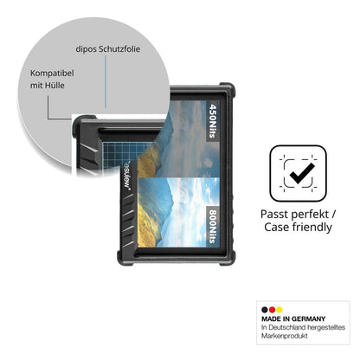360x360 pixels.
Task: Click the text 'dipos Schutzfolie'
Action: tap(108, 49)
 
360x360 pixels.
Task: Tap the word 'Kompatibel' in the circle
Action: tap(52, 74)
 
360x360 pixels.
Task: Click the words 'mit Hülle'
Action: tap(48, 86)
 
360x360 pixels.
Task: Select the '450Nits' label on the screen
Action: tap(213, 121)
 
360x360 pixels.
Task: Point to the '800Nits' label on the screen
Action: tap(213, 226)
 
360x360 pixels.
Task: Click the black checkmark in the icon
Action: tap(302, 173)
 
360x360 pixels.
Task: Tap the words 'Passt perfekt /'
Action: tap(298, 215)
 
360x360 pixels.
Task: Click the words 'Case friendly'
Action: tap(298, 227)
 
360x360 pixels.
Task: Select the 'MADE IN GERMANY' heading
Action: tap(293, 318)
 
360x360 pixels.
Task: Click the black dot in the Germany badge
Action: tap(265, 310)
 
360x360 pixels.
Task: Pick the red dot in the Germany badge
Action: tap(272, 310)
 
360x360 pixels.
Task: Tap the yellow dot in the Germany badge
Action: tap(279, 310)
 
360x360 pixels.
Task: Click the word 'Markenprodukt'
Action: tap(285, 336)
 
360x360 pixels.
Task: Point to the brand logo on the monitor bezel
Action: tap(127, 175)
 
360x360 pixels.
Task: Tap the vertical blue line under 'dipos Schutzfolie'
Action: tap(106, 82)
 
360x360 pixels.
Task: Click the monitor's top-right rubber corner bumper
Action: tap(228, 89)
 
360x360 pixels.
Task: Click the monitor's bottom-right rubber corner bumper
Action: tap(228, 258)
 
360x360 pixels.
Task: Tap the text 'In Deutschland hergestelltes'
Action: tap(303, 327)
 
